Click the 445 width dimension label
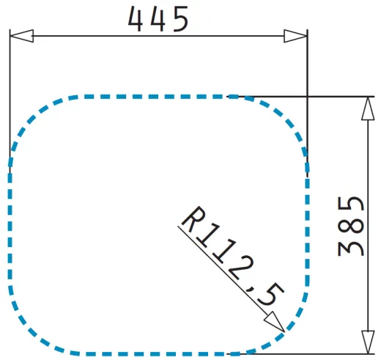[158, 20]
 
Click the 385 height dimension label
[352, 225]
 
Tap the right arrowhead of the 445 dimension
[295, 36]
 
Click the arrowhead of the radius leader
[275, 322]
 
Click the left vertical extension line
[10, 95]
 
